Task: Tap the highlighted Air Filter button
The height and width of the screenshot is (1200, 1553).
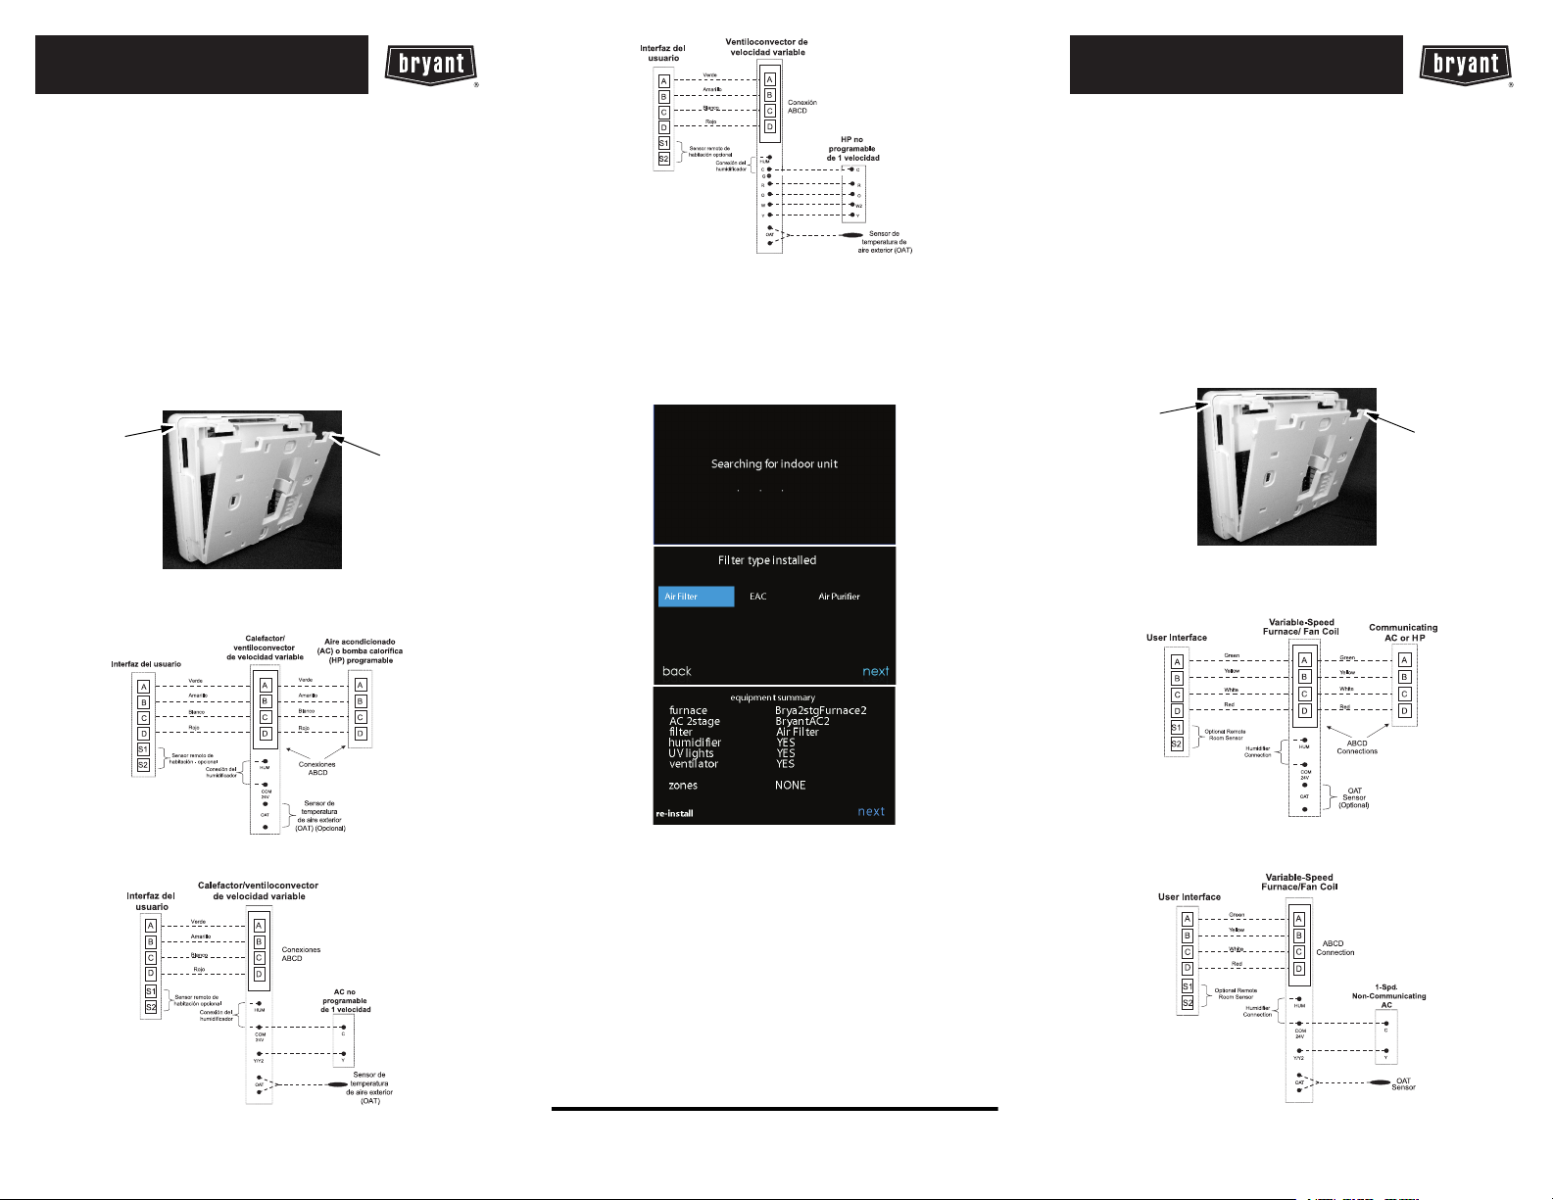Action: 696,597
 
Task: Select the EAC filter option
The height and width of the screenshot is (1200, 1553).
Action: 758,597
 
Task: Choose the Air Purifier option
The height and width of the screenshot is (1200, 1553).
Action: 839,597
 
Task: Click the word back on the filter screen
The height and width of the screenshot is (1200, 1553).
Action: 677,671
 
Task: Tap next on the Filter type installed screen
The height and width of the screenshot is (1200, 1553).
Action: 875,671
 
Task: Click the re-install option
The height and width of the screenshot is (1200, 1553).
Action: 674,813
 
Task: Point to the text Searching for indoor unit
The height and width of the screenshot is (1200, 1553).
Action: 774,464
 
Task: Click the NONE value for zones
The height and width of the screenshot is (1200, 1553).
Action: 790,786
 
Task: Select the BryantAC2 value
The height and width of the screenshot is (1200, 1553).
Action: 801,721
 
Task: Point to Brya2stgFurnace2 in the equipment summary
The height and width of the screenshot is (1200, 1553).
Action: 820,710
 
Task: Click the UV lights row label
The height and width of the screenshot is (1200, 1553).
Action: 691,753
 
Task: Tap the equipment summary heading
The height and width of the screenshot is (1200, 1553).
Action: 772,697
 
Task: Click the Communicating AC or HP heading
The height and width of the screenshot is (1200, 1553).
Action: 1403,633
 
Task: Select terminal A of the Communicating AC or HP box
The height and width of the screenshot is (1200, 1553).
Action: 1404,660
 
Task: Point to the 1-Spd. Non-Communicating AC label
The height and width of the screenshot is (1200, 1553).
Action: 1388,996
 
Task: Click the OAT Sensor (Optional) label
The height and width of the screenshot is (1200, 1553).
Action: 1353,797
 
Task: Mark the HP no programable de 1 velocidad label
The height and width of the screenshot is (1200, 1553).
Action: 852,149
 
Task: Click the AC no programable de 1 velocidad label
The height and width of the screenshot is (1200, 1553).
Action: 345,1001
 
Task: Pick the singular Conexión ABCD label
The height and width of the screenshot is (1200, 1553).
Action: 801,107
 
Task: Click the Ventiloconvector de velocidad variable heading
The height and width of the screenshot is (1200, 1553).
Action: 766,47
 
